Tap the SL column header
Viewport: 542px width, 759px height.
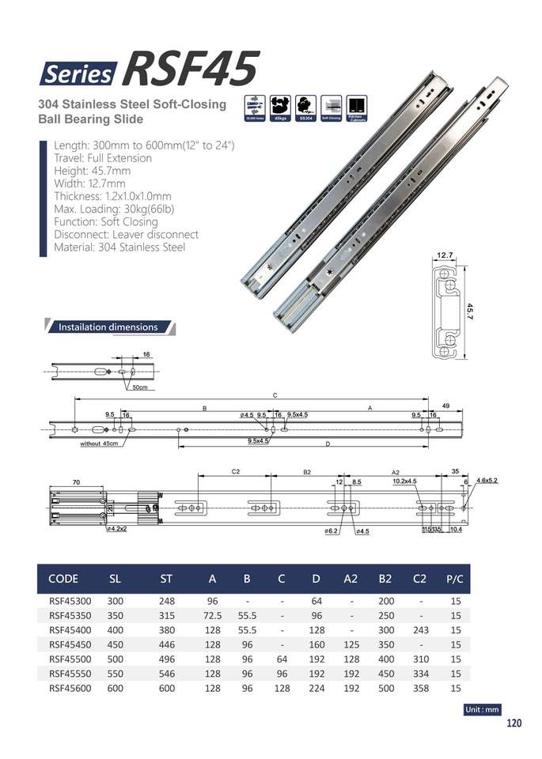pyautogui.click(x=115, y=579)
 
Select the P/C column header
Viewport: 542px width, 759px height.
pyautogui.click(x=455, y=579)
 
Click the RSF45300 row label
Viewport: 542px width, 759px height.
pyautogui.click(x=70, y=601)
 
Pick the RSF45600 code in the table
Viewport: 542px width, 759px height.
pyautogui.click(x=70, y=688)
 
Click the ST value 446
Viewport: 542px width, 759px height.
pyautogui.click(x=166, y=644)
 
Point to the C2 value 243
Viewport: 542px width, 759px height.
pyautogui.click(x=420, y=630)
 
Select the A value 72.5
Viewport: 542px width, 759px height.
pyautogui.click(x=211, y=616)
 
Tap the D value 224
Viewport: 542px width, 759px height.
pyautogui.click(x=316, y=688)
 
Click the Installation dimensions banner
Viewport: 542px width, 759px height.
pyautogui.click(x=109, y=327)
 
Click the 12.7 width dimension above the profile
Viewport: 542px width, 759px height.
pyautogui.click(x=444, y=256)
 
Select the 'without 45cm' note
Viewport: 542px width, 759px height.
pyautogui.click(x=99, y=444)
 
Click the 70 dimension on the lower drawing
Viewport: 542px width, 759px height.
pyautogui.click(x=77, y=481)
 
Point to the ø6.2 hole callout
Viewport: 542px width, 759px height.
pyautogui.click(x=331, y=532)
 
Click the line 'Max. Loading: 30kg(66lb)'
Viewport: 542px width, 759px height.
pyautogui.click(x=114, y=209)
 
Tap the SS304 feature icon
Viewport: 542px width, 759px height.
pyautogui.click(x=305, y=108)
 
